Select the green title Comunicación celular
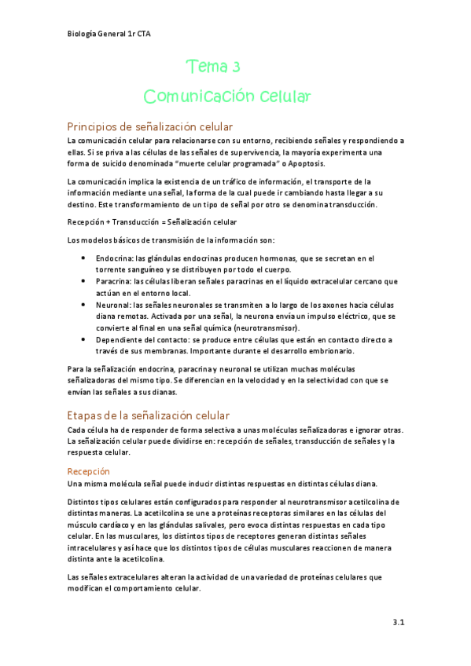228,97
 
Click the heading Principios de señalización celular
149,127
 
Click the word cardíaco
127,525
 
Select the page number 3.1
398,623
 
